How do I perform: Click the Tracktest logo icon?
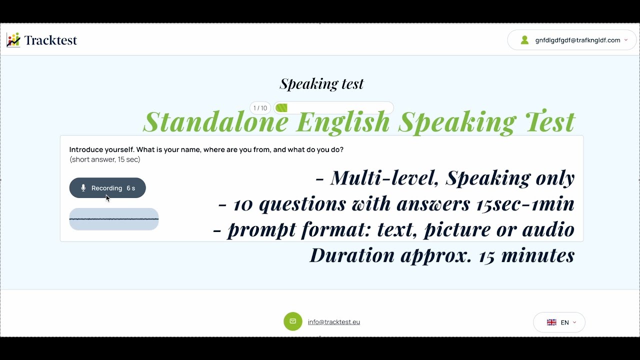pyautogui.click(x=13, y=40)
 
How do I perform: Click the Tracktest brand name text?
pyautogui.click(x=50, y=40)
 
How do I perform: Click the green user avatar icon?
pyautogui.click(x=524, y=40)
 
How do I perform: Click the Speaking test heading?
pyautogui.click(x=321, y=83)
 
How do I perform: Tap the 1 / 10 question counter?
pyautogui.click(x=260, y=108)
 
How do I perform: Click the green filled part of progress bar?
pyautogui.click(x=281, y=108)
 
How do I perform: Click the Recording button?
pyautogui.click(x=107, y=188)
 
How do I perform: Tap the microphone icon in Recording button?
pyautogui.click(x=83, y=188)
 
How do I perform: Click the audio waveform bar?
pyautogui.click(x=114, y=219)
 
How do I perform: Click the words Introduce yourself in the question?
pyautogui.click(x=101, y=149)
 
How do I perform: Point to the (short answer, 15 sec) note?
pyautogui.click(x=105, y=159)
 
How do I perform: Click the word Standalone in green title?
pyautogui.click(x=216, y=121)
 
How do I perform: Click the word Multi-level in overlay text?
pyautogui.click(x=384, y=178)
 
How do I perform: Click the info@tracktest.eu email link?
pyautogui.click(x=334, y=322)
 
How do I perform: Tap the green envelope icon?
pyautogui.click(x=293, y=321)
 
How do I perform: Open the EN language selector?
pyautogui.click(x=559, y=322)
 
